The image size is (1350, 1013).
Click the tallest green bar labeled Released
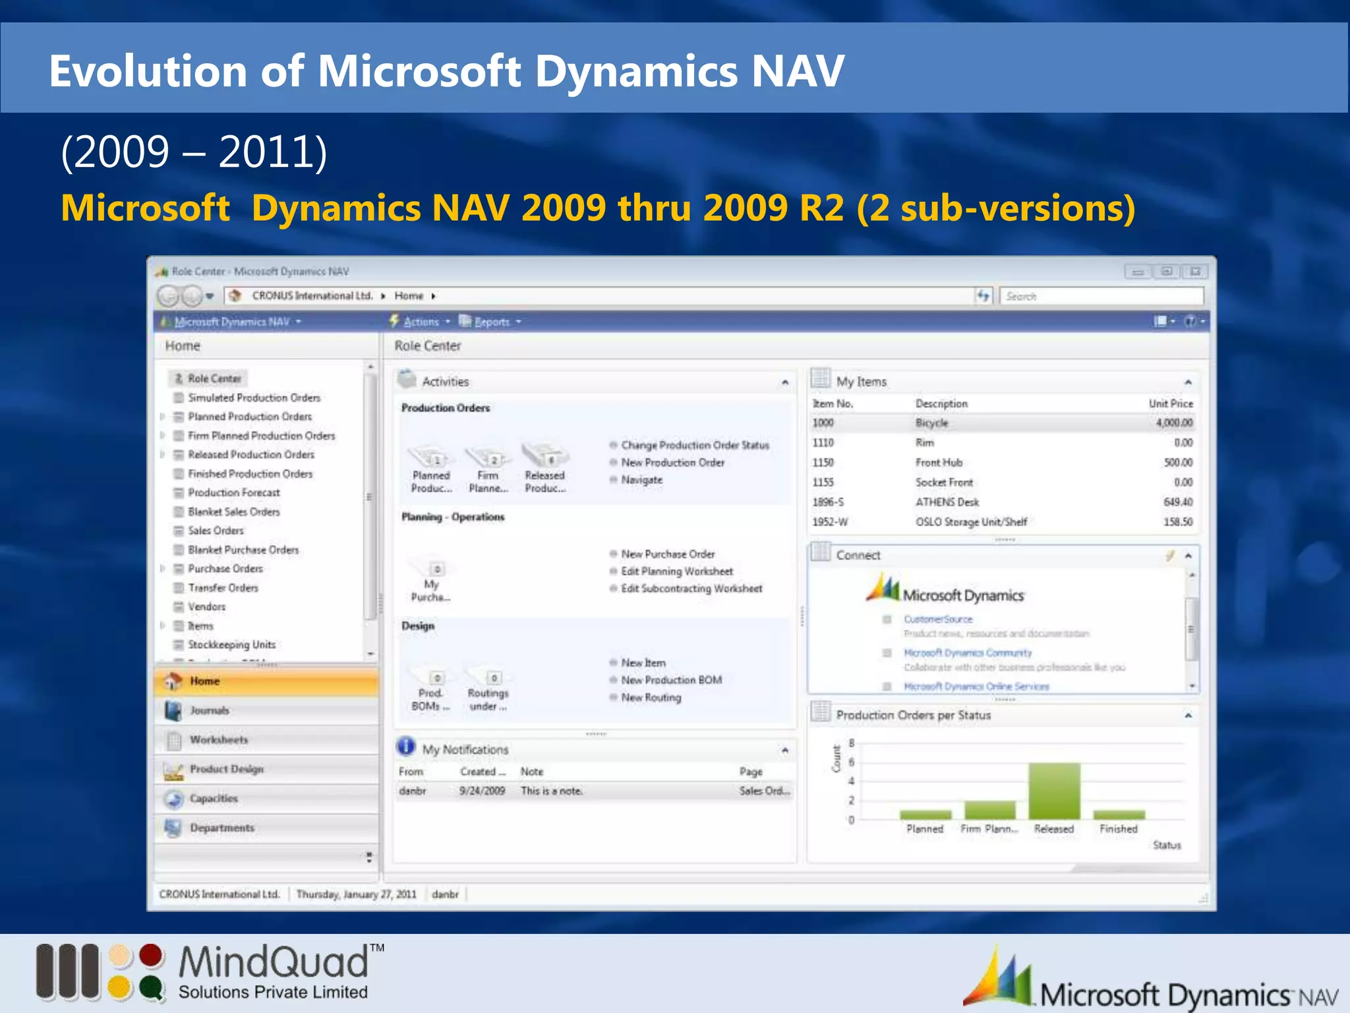pos(1054,791)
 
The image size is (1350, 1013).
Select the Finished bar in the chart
pos(1119,815)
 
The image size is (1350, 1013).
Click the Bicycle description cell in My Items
pos(931,423)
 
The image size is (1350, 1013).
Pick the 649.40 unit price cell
pos(1178,502)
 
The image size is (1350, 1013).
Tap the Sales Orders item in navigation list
pos(216,531)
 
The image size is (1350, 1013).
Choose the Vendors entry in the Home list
pos(206,607)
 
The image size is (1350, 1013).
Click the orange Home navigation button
pos(266,681)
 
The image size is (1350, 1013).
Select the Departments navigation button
pos(222,828)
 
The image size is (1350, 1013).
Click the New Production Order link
pos(672,463)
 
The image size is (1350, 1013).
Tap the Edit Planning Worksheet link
pos(677,572)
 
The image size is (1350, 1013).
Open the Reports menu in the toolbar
pos(492,322)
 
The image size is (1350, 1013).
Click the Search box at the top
pos(1101,297)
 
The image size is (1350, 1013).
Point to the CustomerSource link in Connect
pos(938,619)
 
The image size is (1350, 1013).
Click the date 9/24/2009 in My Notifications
pos(482,791)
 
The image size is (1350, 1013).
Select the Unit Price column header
pos(1171,404)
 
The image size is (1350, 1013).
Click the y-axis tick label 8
pos(851,743)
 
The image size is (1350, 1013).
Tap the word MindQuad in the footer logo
pos(274,962)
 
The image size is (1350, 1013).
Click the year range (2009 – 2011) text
pos(194,152)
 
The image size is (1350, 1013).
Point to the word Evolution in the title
pos(148,71)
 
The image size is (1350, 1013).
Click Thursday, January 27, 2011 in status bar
pos(356,894)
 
